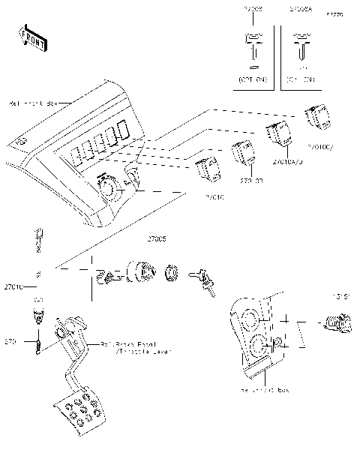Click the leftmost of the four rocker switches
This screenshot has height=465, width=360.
click(206, 169)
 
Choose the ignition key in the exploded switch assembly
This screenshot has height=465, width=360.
click(204, 280)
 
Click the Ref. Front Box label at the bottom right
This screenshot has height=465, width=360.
click(265, 391)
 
